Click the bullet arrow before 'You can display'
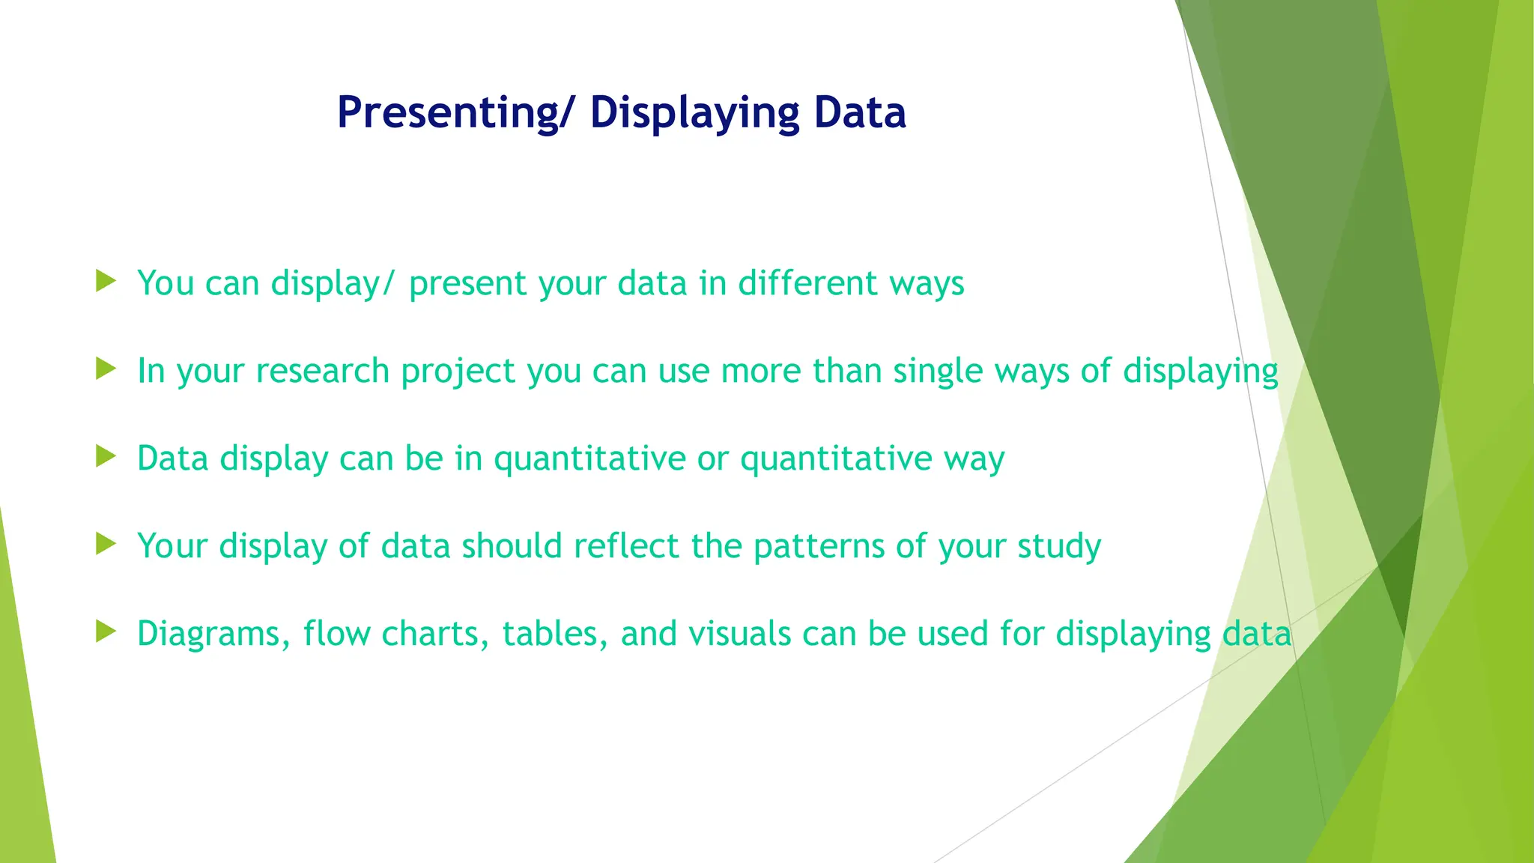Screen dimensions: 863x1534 (x=106, y=282)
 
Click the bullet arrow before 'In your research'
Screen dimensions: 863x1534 (x=106, y=369)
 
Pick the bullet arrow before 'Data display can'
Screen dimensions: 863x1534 (x=106, y=456)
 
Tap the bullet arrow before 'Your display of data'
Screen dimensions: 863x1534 (x=106, y=544)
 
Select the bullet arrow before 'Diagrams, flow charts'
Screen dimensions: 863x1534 (x=106, y=632)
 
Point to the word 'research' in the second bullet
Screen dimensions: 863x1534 (x=322, y=371)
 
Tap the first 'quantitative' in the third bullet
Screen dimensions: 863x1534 (x=589, y=458)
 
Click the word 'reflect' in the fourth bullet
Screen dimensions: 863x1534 (x=627, y=546)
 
